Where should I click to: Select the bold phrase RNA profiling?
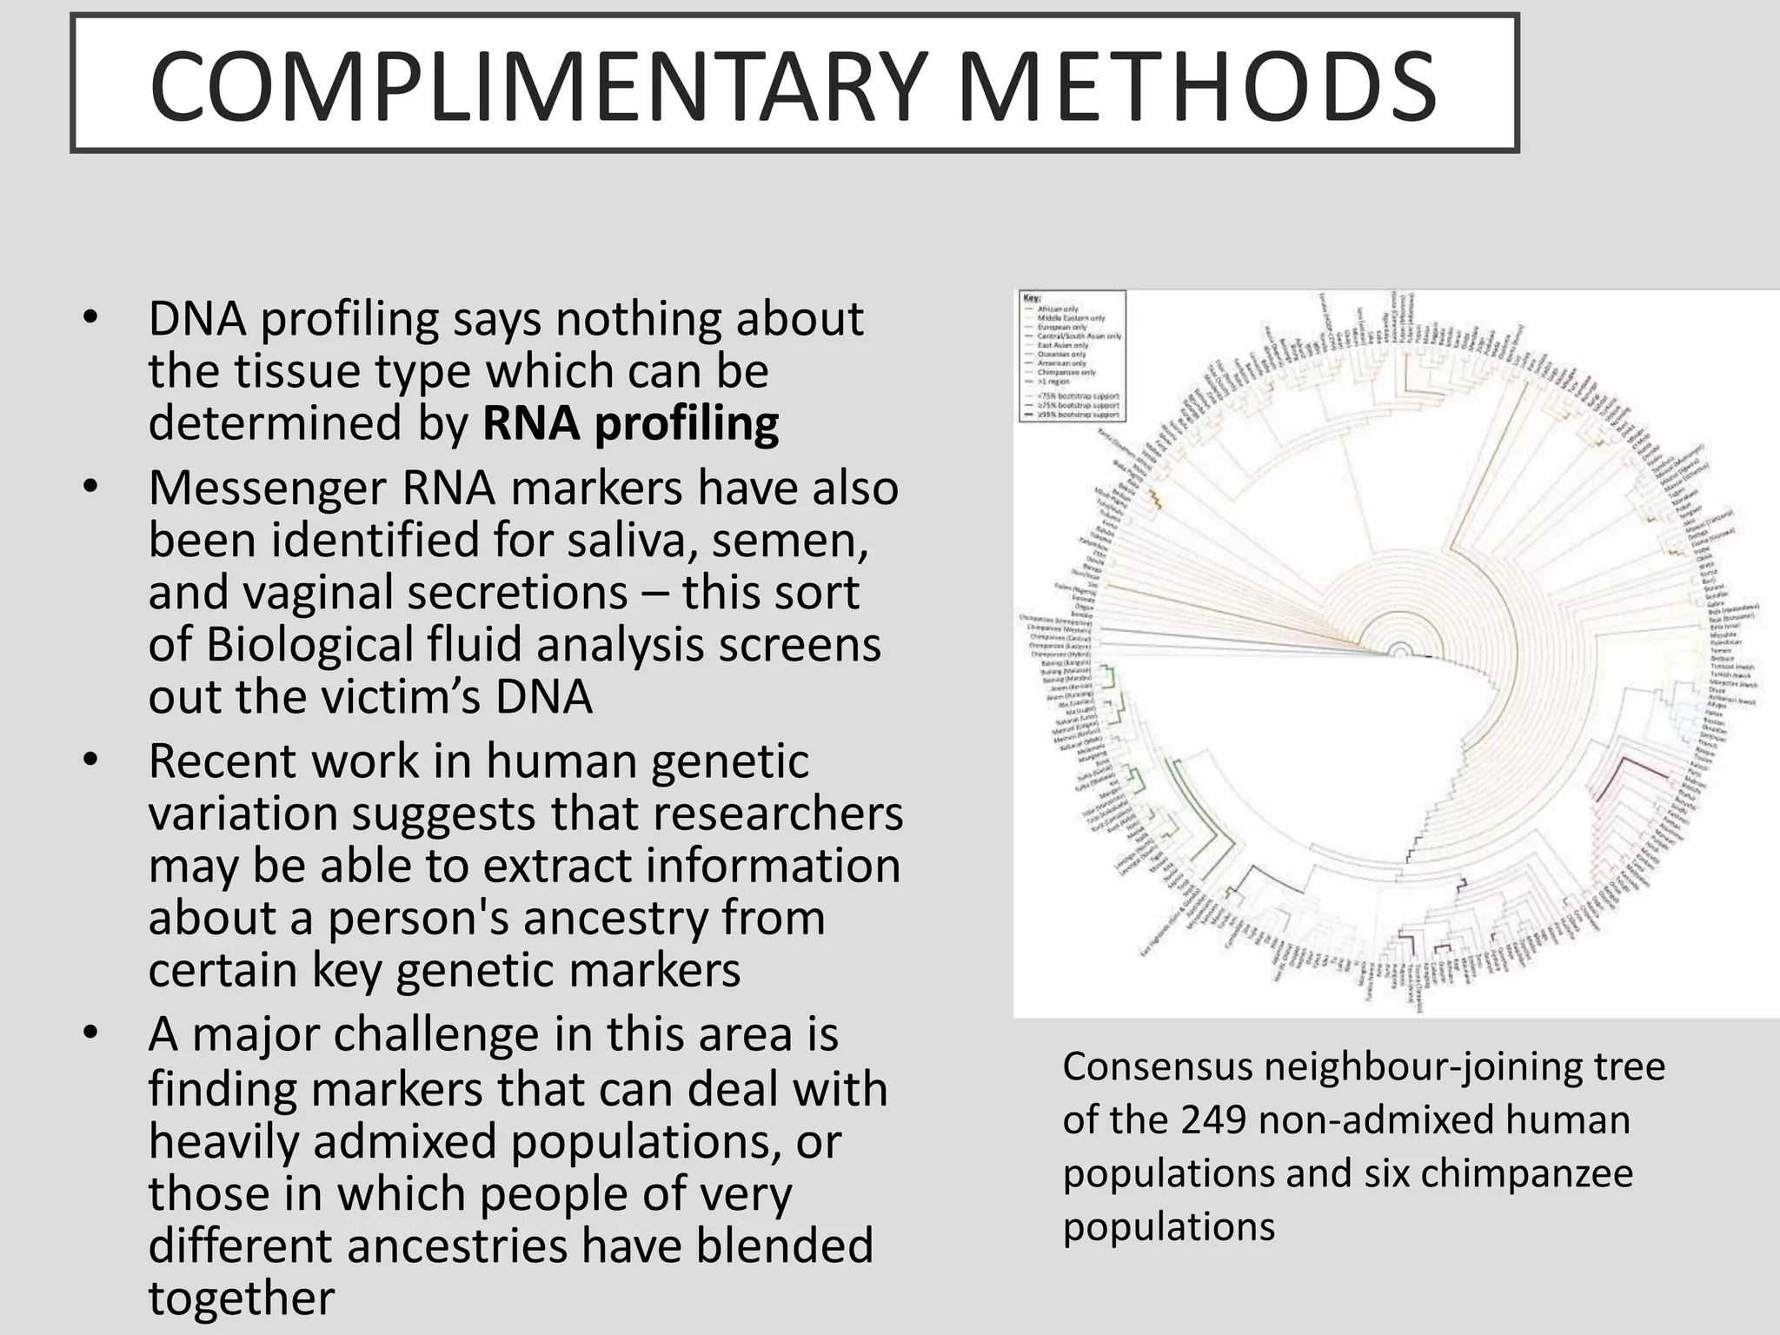tap(630, 423)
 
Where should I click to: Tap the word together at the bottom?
tap(241, 1298)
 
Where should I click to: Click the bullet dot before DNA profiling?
tap(90, 319)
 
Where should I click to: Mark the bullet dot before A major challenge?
tap(90, 1034)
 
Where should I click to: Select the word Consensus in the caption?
tap(1158, 1066)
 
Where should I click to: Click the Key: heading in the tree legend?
tap(1032, 298)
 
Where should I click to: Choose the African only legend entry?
tap(1058, 309)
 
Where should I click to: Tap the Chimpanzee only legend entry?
tap(1066, 372)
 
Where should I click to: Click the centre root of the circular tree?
tap(1399, 652)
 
